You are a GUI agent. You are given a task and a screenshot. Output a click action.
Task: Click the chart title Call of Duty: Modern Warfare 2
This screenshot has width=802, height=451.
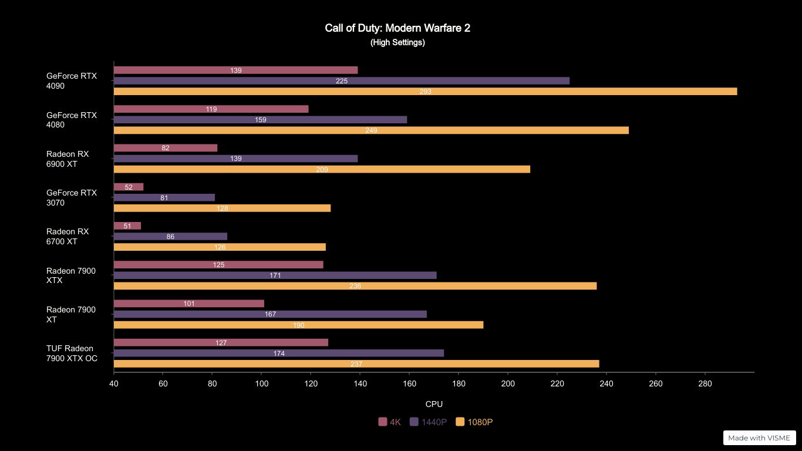coord(397,28)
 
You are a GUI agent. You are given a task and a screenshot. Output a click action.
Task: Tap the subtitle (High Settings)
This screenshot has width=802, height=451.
coord(397,42)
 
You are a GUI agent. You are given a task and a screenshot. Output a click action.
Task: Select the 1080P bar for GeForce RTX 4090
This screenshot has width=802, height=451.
coord(425,92)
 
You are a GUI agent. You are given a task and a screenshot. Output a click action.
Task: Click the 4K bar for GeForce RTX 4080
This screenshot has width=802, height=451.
coord(211,109)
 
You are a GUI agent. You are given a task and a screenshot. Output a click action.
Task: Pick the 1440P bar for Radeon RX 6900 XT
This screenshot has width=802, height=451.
coord(235,159)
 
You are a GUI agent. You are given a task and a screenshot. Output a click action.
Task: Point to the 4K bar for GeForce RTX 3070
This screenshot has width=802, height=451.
coord(129,187)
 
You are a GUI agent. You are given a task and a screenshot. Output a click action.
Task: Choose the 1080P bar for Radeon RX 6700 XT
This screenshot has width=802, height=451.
coord(220,247)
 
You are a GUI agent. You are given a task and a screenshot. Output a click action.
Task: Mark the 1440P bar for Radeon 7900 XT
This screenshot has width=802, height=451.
coord(270,314)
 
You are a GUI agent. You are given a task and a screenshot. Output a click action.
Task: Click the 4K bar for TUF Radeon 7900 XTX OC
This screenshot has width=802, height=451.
coord(221,342)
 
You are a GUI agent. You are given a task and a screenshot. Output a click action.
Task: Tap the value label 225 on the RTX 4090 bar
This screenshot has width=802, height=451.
coord(342,81)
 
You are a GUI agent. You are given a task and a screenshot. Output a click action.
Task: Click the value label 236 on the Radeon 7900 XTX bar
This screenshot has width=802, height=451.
coord(355,286)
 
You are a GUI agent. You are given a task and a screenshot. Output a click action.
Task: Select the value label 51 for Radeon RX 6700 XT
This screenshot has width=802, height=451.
coord(127,226)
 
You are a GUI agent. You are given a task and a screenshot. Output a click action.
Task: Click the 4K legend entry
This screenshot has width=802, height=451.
coord(390,422)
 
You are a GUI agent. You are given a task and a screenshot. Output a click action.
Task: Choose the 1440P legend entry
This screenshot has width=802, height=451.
coord(429,422)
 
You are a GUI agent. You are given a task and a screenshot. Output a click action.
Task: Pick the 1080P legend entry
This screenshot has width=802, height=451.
coord(474,422)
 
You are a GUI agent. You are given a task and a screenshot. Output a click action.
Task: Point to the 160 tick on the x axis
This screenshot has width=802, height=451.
coord(409,384)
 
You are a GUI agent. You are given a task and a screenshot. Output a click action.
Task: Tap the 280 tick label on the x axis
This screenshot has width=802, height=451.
coord(705,384)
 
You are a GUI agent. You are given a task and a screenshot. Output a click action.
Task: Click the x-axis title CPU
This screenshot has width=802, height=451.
coord(434,404)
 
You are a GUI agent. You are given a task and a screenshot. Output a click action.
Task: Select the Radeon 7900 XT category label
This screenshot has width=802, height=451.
coord(71,315)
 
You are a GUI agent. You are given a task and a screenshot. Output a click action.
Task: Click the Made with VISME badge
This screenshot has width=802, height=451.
coord(759,438)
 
